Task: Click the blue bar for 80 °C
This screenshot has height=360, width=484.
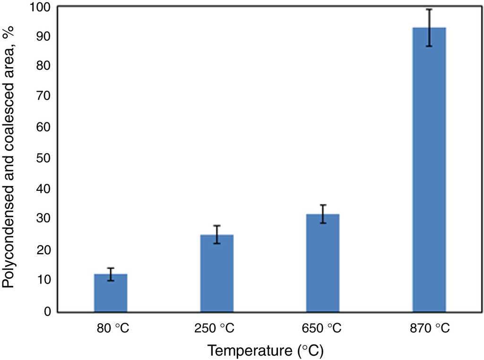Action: point(111,293)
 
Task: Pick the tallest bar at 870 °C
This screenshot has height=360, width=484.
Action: point(429,170)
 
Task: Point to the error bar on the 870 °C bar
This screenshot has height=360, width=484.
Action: point(429,27)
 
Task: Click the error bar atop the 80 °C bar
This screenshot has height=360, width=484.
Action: point(111,274)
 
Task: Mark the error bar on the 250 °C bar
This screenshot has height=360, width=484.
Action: point(217,234)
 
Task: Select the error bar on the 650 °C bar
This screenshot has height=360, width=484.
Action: point(323,214)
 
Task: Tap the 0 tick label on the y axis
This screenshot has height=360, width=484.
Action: point(47,311)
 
